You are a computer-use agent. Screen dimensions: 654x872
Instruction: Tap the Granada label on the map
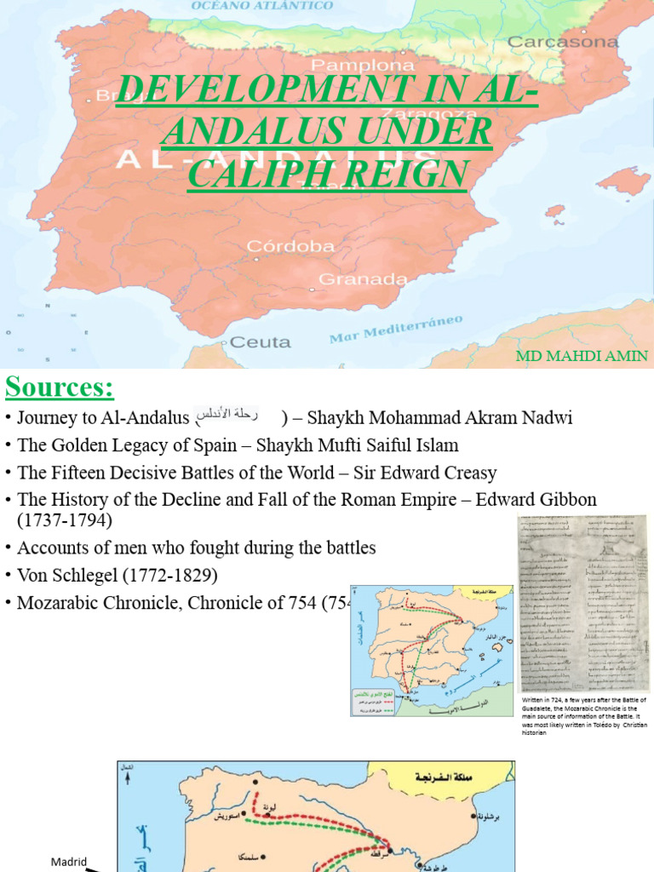(351, 278)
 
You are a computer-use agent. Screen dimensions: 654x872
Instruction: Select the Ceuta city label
(261, 342)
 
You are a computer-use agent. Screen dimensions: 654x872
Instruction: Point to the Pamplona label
(351, 65)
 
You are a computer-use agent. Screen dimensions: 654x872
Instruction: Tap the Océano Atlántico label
(262, 6)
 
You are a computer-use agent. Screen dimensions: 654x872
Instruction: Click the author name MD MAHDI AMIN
(582, 355)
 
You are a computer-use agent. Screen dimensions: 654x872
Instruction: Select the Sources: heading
(60, 387)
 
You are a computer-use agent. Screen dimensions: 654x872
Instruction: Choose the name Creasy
(467, 472)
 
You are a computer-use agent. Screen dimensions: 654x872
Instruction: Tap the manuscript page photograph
(582, 603)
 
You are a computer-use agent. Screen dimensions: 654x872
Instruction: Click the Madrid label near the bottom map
(68, 861)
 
